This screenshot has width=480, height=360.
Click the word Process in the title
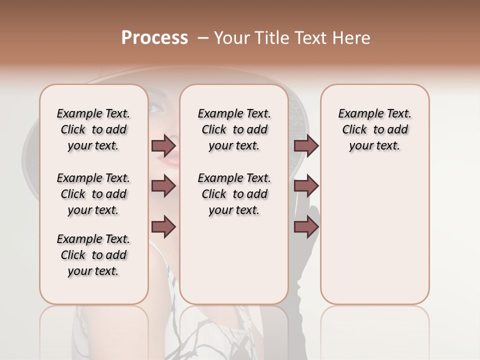coord(154,38)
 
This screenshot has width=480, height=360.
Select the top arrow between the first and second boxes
coord(163,146)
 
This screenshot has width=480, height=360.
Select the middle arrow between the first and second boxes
coord(163,186)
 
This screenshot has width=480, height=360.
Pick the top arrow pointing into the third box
coord(306,146)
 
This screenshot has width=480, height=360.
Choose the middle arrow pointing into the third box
coord(306,186)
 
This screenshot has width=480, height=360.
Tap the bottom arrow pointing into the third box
coord(306,227)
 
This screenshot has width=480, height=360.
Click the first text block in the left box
coord(93,129)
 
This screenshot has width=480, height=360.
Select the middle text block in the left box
coord(93,194)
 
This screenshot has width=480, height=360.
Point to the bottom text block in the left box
coord(93,255)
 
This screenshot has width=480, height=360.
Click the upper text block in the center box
coord(234,129)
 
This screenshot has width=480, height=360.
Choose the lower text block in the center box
coord(234,194)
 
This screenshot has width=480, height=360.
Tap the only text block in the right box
coord(374,129)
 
